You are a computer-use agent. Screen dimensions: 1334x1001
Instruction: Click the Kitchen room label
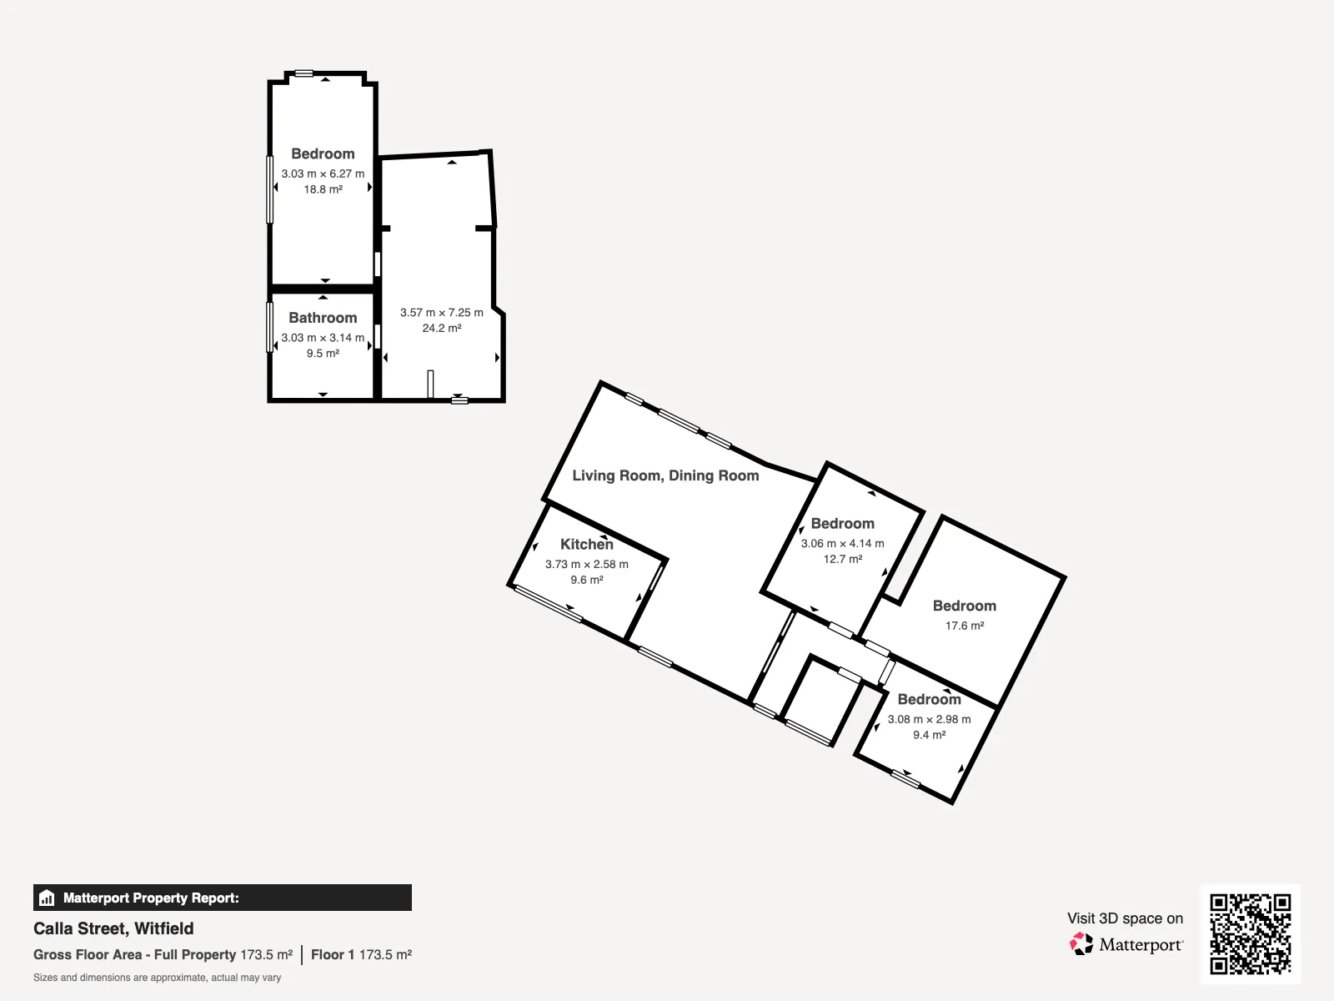(x=586, y=545)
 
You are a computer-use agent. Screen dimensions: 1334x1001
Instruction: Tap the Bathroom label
(x=323, y=318)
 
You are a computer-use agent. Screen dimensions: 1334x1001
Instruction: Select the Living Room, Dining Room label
(x=665, y=475)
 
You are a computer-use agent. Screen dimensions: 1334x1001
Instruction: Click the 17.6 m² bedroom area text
(x=965, y=626)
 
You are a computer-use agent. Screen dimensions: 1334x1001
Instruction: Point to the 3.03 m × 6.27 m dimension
(x=323, y=174)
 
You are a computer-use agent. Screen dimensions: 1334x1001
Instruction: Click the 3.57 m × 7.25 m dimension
(x=442, y=312)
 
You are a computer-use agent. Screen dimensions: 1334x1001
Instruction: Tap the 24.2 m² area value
(x=442, y=328)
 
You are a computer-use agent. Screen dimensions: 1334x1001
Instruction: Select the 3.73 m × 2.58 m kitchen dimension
(x=586, y=564)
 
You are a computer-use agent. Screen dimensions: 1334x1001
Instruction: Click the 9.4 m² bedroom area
(x=930, y=735)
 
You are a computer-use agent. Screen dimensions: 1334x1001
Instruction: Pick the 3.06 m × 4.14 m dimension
(x=842, y=543)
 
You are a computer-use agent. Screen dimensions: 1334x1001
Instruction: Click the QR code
(x=1250, y=934)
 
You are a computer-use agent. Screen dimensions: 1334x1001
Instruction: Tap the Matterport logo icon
(x=1081, y=944)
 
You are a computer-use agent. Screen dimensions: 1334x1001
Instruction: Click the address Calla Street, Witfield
(x=113, y=928)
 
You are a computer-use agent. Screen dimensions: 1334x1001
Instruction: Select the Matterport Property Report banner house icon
(x=47, y=898)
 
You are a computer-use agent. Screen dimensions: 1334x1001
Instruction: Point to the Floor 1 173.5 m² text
(x=362, y=955)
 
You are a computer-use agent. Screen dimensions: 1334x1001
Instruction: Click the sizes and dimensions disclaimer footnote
(x=157, y=978)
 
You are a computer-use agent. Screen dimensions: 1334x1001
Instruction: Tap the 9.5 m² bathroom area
(x=323, y=353)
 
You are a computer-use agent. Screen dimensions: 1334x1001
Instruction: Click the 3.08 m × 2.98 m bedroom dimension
(x=930, y=719)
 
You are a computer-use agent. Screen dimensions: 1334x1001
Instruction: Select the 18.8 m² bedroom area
(x=323, y=189)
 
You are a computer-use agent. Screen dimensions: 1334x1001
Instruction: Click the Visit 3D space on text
(x=1125, y=918)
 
